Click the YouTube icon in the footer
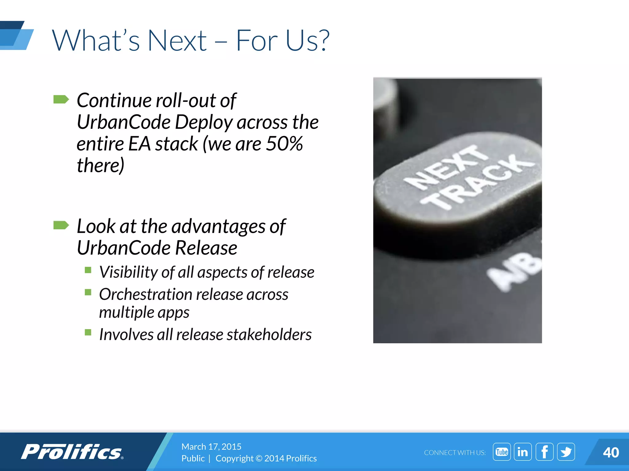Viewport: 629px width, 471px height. tap(502, 452)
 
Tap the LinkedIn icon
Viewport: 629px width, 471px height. tap(523, 452)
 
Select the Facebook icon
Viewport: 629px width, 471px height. tap(544, 452)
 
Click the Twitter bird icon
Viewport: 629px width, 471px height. tap(566, 452)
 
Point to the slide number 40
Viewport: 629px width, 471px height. tap(611, 453)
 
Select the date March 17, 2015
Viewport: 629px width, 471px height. tap(211, 446)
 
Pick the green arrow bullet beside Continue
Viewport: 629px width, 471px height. tap(61, 99)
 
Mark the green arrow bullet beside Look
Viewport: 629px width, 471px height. tap(61, 225)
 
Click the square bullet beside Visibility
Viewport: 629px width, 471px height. tap(88, 270)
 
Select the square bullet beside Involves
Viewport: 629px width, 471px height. tap(88, 332)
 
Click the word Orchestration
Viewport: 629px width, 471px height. tap(145, 294)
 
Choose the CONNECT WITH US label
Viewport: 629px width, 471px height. tap(455, 453)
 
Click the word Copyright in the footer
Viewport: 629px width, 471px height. tap(234, 458)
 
